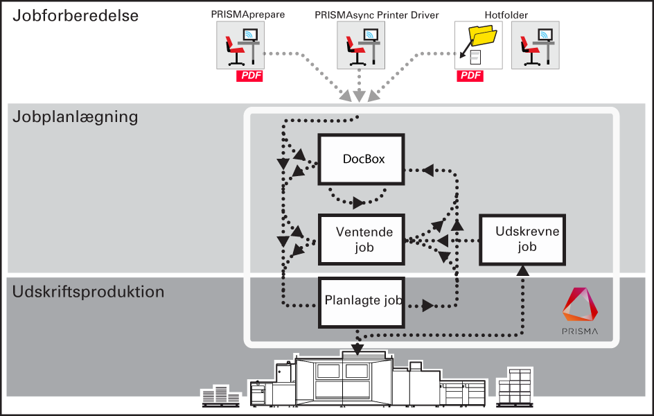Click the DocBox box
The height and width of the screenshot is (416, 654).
tap(361, 159)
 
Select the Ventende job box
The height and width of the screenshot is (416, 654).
tap(361, 239)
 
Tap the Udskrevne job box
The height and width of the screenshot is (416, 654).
tap(522, 239)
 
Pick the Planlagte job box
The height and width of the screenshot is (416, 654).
tap(361, 302)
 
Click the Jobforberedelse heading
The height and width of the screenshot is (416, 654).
tap(76, 15)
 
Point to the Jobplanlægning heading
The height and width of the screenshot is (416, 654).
tap(75, 117)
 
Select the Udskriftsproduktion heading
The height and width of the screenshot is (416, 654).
tap(88, 292)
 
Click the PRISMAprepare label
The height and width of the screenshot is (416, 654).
tap(248, 15)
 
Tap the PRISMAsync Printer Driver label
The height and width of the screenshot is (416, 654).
tap(377, 15)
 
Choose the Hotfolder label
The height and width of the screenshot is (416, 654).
tap(506, 15)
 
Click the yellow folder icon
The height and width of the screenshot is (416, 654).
tap(483, 35)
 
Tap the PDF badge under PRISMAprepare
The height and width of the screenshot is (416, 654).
tap(249, 76)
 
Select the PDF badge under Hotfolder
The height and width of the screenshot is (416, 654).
tap(470, 76)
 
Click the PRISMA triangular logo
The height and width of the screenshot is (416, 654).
tap(580, 304)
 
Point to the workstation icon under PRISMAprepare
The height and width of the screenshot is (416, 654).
tap(240, 45)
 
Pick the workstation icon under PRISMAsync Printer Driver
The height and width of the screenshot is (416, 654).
tap(361, 45)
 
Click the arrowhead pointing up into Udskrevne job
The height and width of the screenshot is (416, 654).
tap(522, 270)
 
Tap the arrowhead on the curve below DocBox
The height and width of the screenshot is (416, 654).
tap(358, 202)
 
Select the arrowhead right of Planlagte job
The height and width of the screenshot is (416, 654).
tap(427, 306)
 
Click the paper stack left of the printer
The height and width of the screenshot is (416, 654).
tap(220, 396)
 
